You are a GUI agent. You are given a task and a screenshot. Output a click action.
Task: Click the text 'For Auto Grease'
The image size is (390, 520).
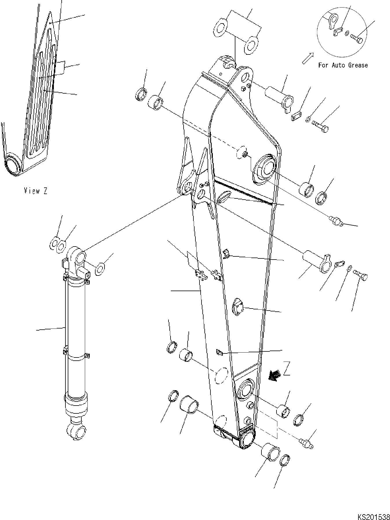click(343, 65)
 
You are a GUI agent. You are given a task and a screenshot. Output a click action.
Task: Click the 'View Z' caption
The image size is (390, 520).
click(35, 191)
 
